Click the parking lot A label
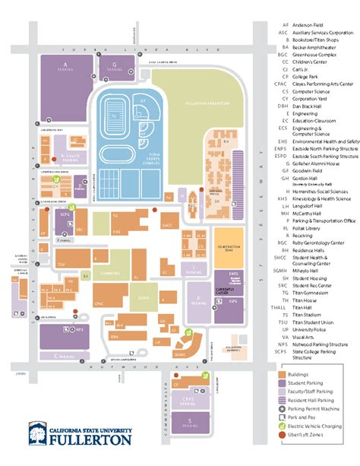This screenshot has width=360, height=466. tap(65, 65)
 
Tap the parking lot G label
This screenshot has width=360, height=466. tap(114, 65)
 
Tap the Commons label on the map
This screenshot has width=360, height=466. tap(111, 273)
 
